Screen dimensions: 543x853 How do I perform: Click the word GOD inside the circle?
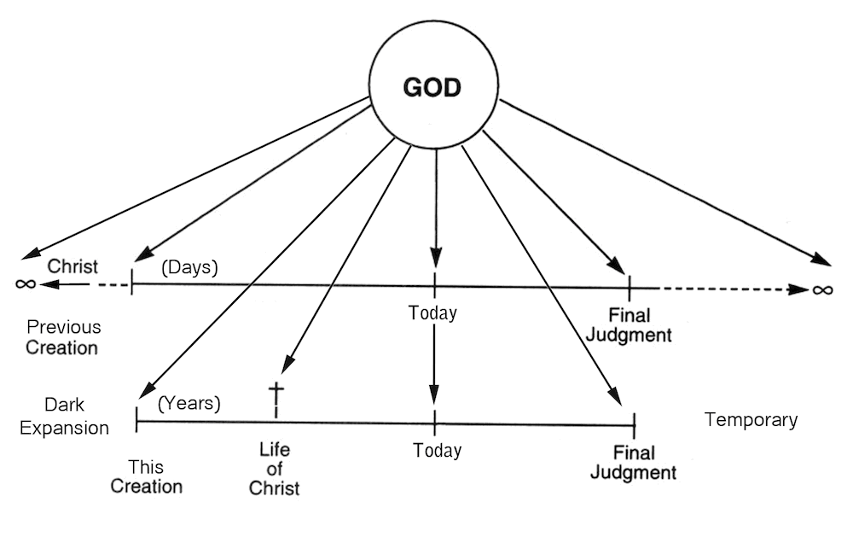pos(432,87)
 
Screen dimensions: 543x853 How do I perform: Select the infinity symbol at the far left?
pos(26,283)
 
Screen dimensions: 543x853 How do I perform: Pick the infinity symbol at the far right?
pos(821,289)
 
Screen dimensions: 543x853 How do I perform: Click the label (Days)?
pos(189,267)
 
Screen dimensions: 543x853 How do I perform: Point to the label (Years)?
pos(189,403)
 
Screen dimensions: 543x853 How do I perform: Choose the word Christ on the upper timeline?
pos(73,266)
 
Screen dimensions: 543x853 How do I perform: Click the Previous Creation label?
pos(62,337)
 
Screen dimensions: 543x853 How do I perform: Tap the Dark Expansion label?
pos(64,417)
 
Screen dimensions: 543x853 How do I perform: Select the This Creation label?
pos(147,477)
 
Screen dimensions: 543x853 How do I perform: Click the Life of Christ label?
pos(275,469)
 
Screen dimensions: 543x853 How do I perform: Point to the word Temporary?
pos(751,420)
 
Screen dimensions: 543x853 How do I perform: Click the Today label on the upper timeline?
pos(432,313)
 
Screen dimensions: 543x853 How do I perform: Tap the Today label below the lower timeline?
pos(437,451)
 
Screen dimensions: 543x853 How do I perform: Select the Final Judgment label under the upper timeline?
pos(628,324)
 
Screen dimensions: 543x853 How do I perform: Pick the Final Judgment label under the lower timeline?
pos(633,462)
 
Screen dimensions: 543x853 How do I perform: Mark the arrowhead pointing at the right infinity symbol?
pos(799,289)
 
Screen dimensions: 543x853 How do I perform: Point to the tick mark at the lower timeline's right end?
pos(634,421)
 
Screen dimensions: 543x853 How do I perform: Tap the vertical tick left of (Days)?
pos(131,281)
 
